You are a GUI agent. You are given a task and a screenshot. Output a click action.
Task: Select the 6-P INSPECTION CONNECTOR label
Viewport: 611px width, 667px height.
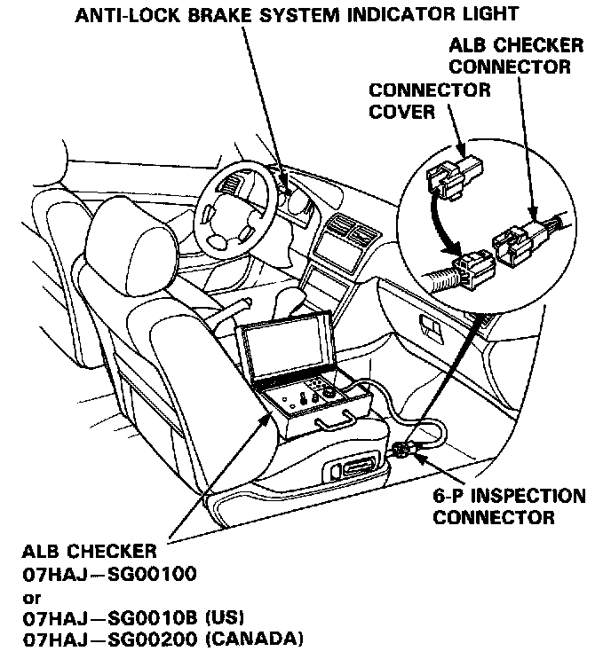[509, 506]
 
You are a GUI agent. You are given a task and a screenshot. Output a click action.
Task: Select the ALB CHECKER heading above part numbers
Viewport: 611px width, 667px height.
[85, 552]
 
